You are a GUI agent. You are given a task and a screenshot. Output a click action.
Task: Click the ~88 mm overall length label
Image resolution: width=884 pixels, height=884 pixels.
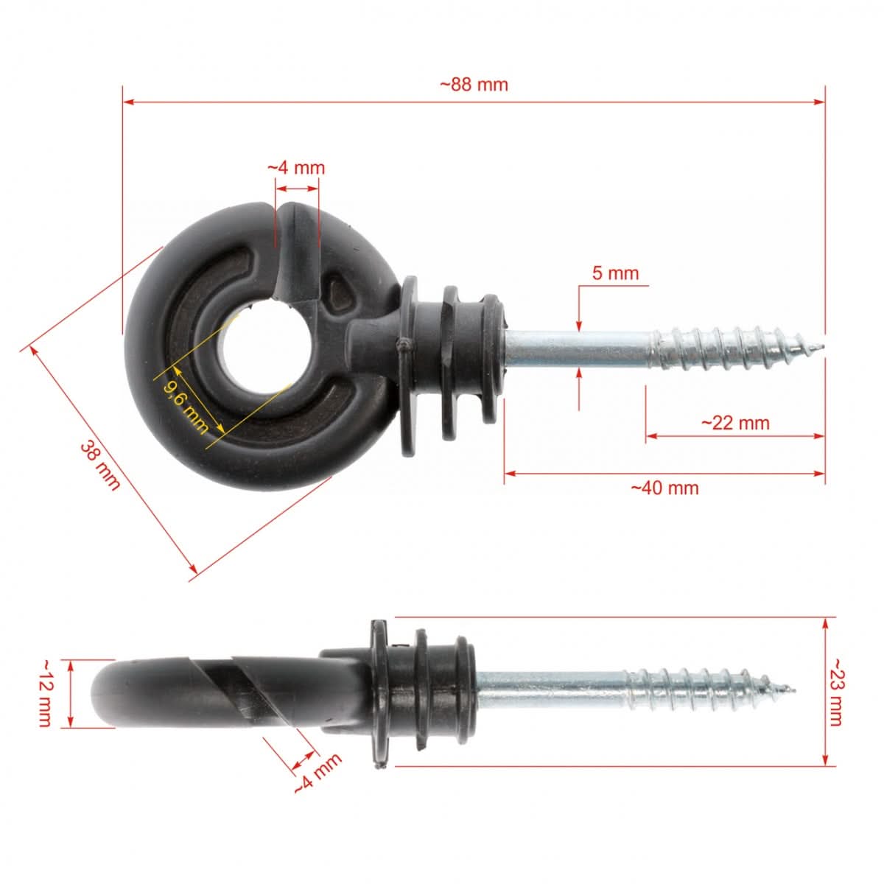pos(474,84)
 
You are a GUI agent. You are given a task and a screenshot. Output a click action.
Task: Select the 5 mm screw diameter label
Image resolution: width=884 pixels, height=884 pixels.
pos(615,273)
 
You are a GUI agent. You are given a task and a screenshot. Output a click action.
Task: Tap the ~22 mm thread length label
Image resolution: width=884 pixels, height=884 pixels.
pos(734,423)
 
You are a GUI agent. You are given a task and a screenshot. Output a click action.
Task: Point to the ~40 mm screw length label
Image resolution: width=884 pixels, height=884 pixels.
pos(664,488)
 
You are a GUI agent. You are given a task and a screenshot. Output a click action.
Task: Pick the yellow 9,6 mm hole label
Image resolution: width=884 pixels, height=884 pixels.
pos(183,404)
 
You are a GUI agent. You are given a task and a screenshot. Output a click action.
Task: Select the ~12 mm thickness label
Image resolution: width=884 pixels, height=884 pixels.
pos(44,693)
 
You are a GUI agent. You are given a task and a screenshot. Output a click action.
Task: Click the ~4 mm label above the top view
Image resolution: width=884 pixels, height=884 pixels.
pos(295,168)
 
